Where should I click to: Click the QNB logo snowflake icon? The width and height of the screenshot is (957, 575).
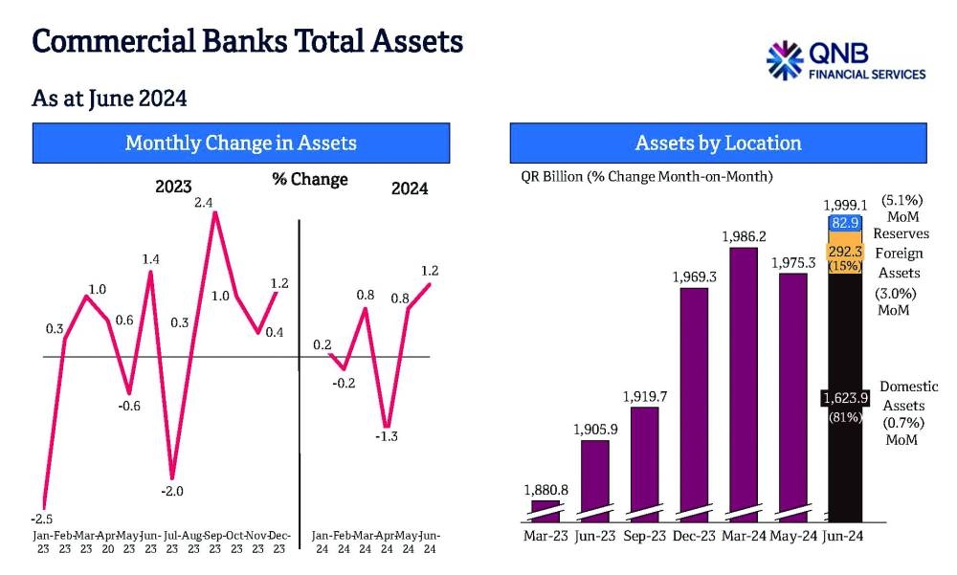pos(785,60)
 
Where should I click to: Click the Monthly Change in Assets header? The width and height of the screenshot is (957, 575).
pos(240,144)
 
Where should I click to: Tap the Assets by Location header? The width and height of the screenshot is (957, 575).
pos(718,144)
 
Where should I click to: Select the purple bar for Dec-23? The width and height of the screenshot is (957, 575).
pos(694,402)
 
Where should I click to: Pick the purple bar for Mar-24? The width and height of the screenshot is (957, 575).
pos(748,383)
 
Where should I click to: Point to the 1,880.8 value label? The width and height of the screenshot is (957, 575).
pos(545,490)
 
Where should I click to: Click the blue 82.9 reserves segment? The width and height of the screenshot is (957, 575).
pos(845,222)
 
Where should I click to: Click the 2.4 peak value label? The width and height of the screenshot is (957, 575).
pos(203,203)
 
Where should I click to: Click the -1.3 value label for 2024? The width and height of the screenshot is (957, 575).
pos(387,436)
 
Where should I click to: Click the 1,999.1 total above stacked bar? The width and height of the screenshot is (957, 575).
pos(845,205)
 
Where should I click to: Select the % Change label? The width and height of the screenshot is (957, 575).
pos(310,180)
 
